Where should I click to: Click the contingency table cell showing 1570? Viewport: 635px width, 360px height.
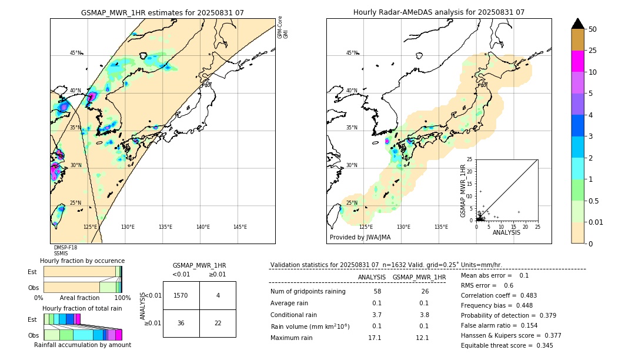tap(181, 295)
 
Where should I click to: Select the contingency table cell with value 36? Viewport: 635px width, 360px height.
tap(181, 323)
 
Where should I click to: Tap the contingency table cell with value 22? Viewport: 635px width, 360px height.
tap(218, 323)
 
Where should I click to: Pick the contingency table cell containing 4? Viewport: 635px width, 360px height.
tap(218, 295)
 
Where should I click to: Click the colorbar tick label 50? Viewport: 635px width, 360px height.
tap(593, 29)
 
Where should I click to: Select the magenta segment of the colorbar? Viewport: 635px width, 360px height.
tap(578, 61)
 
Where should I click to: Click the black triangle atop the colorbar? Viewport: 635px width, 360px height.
tap(578, 23)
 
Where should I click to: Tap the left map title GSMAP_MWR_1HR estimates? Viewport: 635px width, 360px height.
tap(162, 12)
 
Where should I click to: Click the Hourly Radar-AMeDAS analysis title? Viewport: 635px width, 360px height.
tap(439, 12)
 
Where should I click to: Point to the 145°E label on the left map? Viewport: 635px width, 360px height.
tap(240, 227)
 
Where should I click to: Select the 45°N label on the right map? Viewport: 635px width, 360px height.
tap(352, 53)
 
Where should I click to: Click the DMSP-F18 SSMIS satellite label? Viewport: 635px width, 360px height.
tap(65, 251)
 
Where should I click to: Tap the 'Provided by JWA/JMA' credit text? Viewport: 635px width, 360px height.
tap(360, 238)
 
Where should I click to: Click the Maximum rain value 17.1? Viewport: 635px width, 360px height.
tap(374, 338)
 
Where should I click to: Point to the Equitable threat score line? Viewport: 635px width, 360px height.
tap(507, 345)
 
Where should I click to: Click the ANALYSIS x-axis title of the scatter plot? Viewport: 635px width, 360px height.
tap(506, 232)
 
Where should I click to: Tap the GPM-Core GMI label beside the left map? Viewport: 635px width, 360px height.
tap(283, 27)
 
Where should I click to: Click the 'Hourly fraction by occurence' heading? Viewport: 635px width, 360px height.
tap(82, 261)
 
